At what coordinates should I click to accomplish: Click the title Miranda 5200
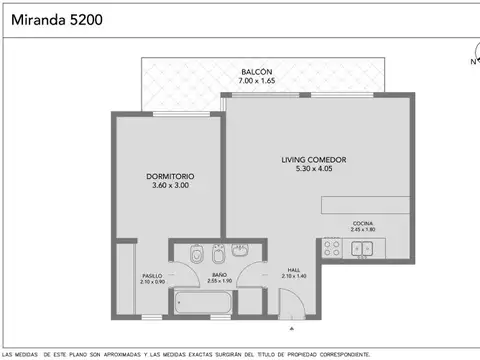(x=54, y=18)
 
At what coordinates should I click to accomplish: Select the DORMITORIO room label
(x=170, y=177)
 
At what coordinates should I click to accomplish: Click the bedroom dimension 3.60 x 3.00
(x=170, y=186)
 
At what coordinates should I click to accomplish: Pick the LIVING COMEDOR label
(x=313, y=159)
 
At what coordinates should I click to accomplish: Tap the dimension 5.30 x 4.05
(x=313, y=168)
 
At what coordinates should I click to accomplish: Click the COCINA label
(x=362, y=223)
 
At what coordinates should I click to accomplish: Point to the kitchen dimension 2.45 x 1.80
(x=362, y=230)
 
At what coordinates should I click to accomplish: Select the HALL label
(x=294, y=269)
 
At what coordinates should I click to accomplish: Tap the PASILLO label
(x=151, y=275)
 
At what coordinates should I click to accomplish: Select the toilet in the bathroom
(x=196, y=252)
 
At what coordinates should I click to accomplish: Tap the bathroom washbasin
(x=240, y=248)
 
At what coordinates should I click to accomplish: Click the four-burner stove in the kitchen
(x=332, y=250)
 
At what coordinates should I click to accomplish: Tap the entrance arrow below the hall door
(x=291, y=327)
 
